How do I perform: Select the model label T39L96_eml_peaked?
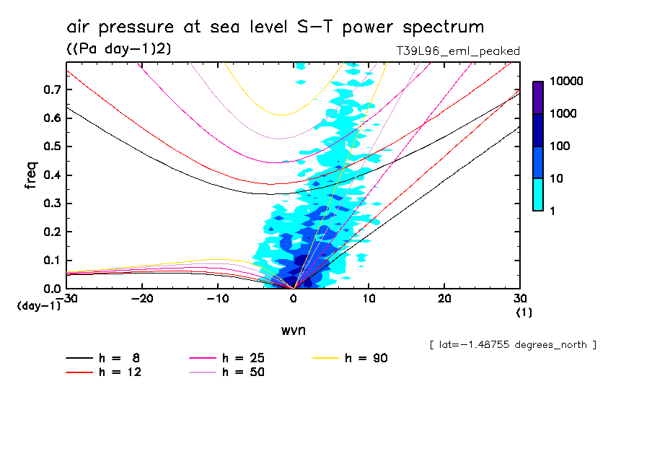point(458,51)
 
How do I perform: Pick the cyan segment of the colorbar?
point(538,194)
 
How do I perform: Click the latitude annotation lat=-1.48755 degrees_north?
point(513,345)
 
